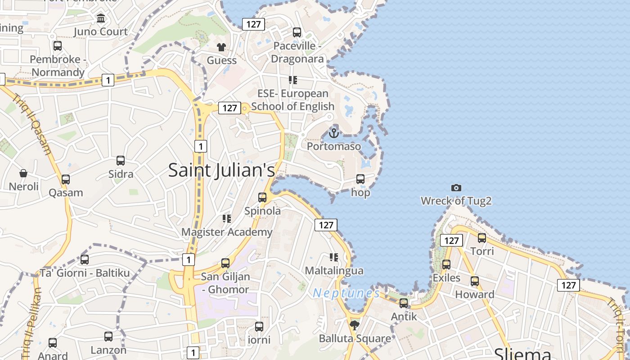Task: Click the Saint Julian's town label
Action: tap(221, 170)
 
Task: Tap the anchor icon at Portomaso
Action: tap(333, 133)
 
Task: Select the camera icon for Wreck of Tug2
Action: tap(456, 188)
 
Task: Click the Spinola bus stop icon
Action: tap(262, 197)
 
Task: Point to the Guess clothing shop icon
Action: tap(221, 47)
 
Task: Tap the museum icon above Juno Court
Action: tap(101, 18)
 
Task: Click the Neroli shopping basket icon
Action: tap(23, 173)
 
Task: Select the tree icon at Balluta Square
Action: tap(355, 324)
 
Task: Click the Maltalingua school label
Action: tap(334, 271)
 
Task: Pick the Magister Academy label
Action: tap(227, 232)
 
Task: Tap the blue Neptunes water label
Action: tap(346, 293)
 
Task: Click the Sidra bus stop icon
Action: tap(121, 161)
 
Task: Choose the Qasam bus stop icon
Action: tap(66, 179)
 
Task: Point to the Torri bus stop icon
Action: tap(482, 238)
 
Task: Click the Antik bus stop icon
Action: tap(404, 303)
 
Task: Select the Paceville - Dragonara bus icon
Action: tap(297, 32)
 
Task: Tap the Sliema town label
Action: tap(522, 353)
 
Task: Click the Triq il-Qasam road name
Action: tap(33, 124)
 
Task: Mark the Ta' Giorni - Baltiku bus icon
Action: tap(85, 260)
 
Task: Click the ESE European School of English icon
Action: tap(293, 80)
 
